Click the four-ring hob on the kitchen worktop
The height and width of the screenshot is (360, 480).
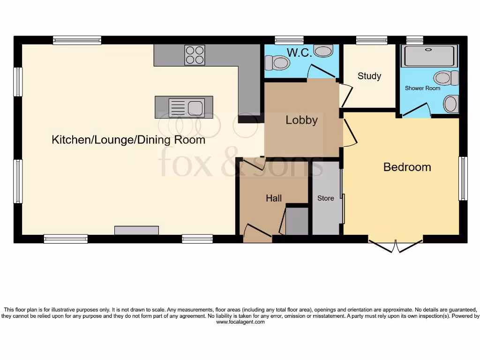tap(195, 54)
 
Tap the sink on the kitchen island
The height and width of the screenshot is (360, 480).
tap(184, 107)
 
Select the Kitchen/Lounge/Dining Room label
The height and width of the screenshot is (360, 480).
tap(128, 140)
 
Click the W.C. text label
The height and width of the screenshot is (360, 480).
tap(299, 53)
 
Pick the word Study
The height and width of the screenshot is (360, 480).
tap(369, 76)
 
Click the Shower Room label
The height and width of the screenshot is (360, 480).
tap(422, 88)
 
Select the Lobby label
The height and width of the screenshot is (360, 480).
tap(301, 120)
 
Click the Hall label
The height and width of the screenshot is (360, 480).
tap(274, 198)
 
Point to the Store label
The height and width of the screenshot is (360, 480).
tap(325, 198)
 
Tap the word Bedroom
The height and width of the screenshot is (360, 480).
tap(407, 167)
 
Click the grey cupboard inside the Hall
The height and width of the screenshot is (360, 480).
tap(297, 221)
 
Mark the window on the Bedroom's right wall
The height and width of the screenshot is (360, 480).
tap(463, 179)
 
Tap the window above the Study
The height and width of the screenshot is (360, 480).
tap(371, 41)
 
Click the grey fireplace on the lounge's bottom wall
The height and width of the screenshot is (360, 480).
tap(136, 230)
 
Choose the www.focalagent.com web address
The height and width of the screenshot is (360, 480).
tap(240, 322)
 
